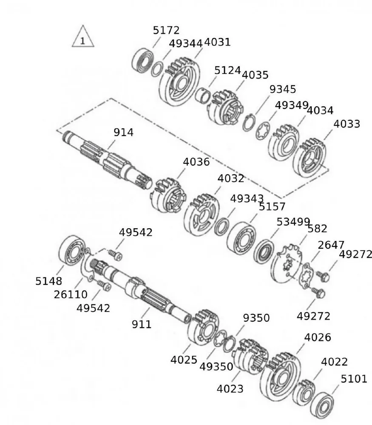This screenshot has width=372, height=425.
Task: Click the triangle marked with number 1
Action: point(82,38)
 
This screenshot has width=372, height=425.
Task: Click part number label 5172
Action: point(166,30)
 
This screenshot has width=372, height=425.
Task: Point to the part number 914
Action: point(123,132)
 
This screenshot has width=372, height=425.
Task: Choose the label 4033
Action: point(346,124)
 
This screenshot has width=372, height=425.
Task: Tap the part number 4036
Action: point(196,162)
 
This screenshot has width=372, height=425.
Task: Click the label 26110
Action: point(71,294)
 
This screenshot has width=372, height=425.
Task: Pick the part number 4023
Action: point(230,388)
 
